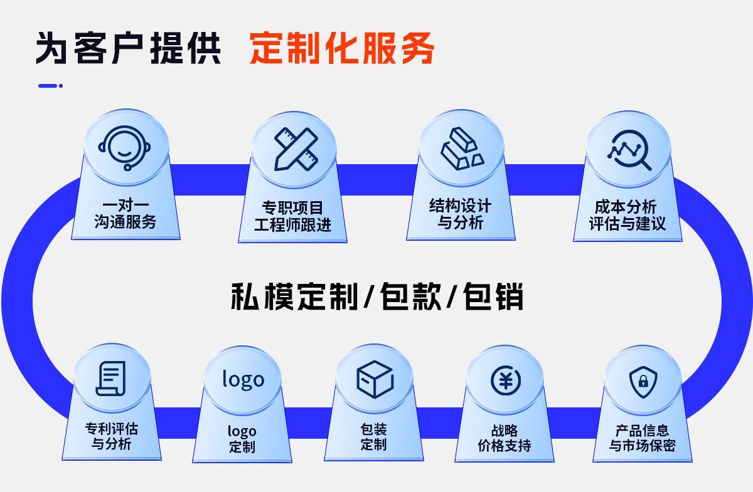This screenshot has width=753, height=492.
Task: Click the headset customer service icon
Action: pyautogui.click(x=125, y=148)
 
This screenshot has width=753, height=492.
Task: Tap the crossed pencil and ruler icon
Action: pyautogui.click(x=296, y=149)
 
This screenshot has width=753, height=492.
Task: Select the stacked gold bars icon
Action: pyautogui.click(x=461, y=149)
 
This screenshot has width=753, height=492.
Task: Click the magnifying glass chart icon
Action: pyautogui.click(x=629, y=150)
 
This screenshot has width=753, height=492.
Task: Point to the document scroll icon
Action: pyautogui.click(x=112, y=379)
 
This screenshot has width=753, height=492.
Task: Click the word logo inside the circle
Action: pyautogui.click(x=243, y=379)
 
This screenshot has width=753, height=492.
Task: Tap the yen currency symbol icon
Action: pyautogui.click(x=505, y=380)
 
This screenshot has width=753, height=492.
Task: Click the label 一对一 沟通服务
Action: pyautogui.click(x=125, y=214)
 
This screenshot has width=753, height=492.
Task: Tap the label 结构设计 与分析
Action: pyautogui.click(x=460, y=214)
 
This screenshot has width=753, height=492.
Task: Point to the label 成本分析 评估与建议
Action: pyautogui.click(x=627, y=215)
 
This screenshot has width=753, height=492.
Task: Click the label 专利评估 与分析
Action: pyautogui.click(x=112, y=436)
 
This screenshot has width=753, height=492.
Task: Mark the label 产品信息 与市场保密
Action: pyautogui.click(x=642, y=438)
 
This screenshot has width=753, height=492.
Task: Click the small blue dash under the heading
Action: pyautogui.click(x=50, y=85)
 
